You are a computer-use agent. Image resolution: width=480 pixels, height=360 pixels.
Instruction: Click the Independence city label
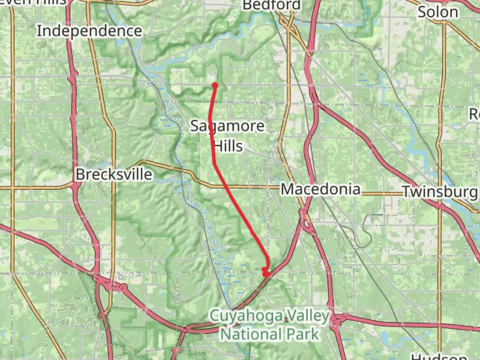click(x=89, y=31)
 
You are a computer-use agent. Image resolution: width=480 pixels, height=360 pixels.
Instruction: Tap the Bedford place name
click(x=272, y=5)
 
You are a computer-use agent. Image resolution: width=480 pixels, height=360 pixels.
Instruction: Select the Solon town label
click(x=438, y=12)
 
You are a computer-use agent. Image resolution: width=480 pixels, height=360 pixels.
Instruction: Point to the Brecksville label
click(x=114, y=174)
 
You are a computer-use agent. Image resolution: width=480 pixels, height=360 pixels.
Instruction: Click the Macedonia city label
click(x=321, y=189)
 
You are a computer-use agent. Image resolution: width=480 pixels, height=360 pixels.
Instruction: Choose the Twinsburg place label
click(x=440, y=192)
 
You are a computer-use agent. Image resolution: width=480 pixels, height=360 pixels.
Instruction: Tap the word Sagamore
click(x=228, y=126)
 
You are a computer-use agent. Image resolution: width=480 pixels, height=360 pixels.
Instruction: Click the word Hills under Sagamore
click(x=228, y=146)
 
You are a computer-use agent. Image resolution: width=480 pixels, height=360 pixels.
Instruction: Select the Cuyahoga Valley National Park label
click(x=269, y=325)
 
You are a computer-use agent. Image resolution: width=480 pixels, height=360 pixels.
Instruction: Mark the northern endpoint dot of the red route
click(x=215, y=85)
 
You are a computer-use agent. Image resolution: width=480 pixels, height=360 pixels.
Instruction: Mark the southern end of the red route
click(x=266, y=274)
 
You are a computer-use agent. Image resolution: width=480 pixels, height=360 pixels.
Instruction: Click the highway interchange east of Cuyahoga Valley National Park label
click(x=337, y=320)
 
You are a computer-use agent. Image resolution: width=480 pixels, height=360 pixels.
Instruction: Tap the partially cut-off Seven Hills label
click(x=33, y=2)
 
